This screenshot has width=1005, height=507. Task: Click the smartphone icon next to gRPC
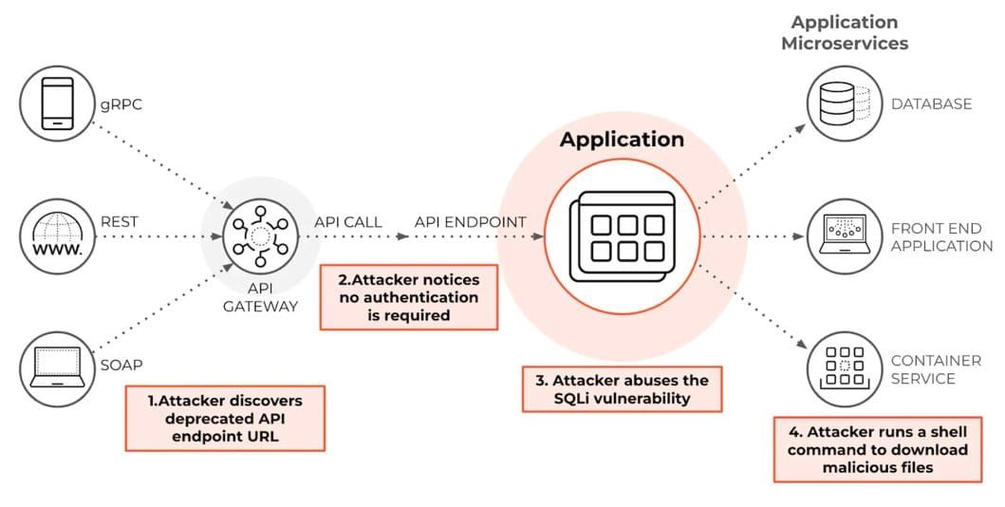tap(57, 103)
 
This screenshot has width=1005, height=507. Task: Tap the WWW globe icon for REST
tap(57, 235)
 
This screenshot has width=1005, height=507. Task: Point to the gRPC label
tap(121, 104)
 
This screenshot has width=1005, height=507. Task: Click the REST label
tap(120, 221)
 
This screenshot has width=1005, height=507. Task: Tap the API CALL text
tap(348, 222)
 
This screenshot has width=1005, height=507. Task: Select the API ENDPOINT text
tap(470, 222)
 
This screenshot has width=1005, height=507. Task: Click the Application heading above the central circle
tap(622, 140)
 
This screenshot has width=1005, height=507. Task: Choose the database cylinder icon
tap(839, 103)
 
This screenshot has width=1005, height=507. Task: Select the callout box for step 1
tap(226, 418)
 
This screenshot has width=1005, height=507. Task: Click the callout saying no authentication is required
tap(409, 297)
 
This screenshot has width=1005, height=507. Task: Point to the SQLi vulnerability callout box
tap(622, 389)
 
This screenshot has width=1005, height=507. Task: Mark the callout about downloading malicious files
tap(878, 449)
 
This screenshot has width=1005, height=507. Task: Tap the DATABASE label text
tap(931, 103)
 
